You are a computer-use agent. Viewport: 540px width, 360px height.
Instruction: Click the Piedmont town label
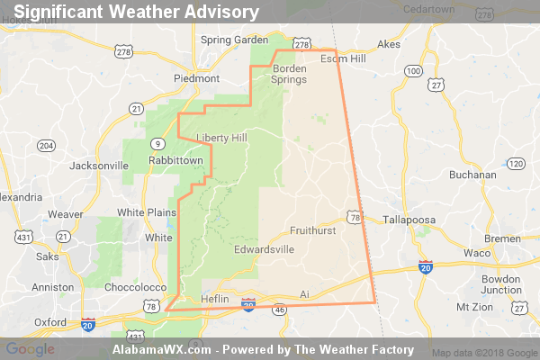click(196, 77)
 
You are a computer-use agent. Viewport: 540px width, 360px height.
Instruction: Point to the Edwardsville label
click(264, 248)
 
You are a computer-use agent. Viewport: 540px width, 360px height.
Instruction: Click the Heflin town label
click(215, 297)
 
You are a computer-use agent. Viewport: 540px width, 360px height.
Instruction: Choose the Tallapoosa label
click(409, 219)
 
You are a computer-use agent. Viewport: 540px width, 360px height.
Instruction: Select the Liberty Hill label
click(221, 137)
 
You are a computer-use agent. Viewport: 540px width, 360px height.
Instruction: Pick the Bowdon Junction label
click(500, 284)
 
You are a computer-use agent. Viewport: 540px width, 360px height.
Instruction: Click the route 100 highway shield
click(413, 70)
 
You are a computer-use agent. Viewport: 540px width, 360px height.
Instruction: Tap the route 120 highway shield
click(516, 163)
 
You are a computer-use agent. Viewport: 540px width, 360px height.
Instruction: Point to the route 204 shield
click(47, 146)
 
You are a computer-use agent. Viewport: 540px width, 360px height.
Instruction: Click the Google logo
click(30, 349)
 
